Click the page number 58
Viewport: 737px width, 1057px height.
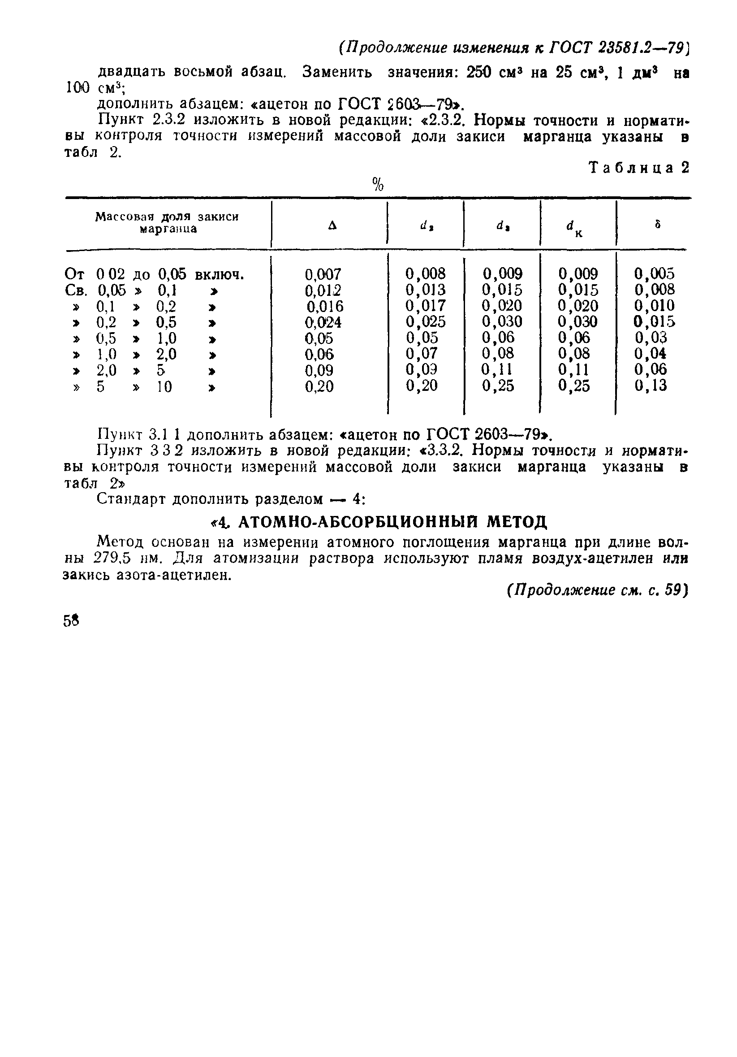(71, 621)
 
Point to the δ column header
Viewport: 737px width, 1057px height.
(658, 225)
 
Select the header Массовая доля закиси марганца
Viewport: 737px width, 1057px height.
(167, 223)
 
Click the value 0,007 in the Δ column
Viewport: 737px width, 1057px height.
(323, 275)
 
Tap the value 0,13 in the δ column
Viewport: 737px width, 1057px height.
(651, 386)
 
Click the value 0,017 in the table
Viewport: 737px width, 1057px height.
(425, 306)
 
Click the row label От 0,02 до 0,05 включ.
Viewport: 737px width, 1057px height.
(154, 275)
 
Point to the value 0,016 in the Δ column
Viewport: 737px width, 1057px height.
(325, 307)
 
